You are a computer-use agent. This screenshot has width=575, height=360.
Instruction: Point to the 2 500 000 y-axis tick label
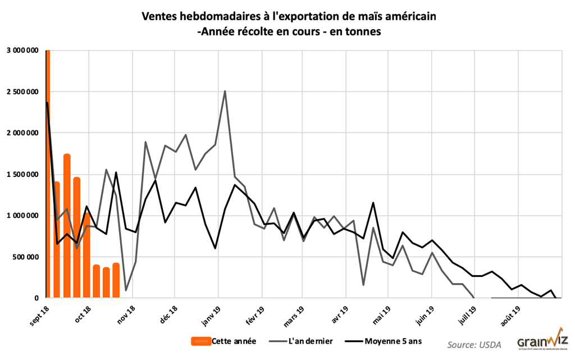22,92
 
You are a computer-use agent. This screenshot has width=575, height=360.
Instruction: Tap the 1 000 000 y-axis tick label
22,216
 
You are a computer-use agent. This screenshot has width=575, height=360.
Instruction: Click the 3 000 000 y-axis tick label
22,51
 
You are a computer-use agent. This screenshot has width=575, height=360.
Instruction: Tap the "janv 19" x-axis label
209,313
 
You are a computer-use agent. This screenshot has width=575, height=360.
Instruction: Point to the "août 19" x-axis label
510,313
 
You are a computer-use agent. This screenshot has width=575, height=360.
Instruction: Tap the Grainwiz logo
542,341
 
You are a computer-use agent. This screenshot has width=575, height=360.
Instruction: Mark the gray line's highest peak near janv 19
225,91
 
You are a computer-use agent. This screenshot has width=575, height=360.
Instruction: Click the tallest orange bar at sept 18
48,168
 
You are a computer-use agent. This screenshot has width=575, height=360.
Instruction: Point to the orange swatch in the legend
200,341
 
